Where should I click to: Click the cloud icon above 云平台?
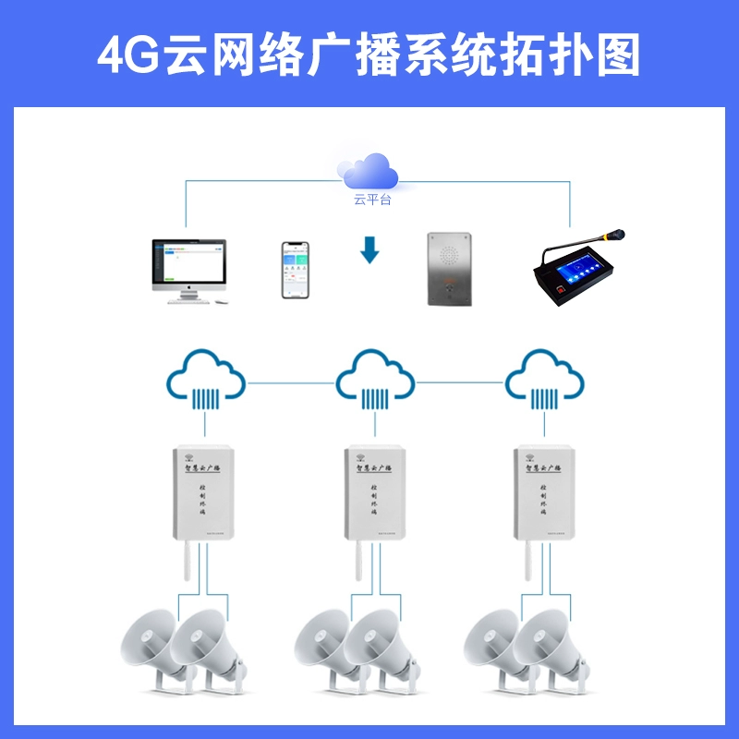pyautogui.click(x=369, y=171)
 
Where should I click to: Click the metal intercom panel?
pyautogui.click(x=449, y=268)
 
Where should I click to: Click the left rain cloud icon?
pyautogui.click(x=205, y=378)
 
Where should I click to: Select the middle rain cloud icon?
pyautogui.click(x=374, y=378)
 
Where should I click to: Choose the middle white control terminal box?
pyautogui.click(x=374, y=491)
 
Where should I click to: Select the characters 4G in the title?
pyautogui.click(x=128, y=56)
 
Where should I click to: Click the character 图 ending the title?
pyautogui.click(x=617, y=56)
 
